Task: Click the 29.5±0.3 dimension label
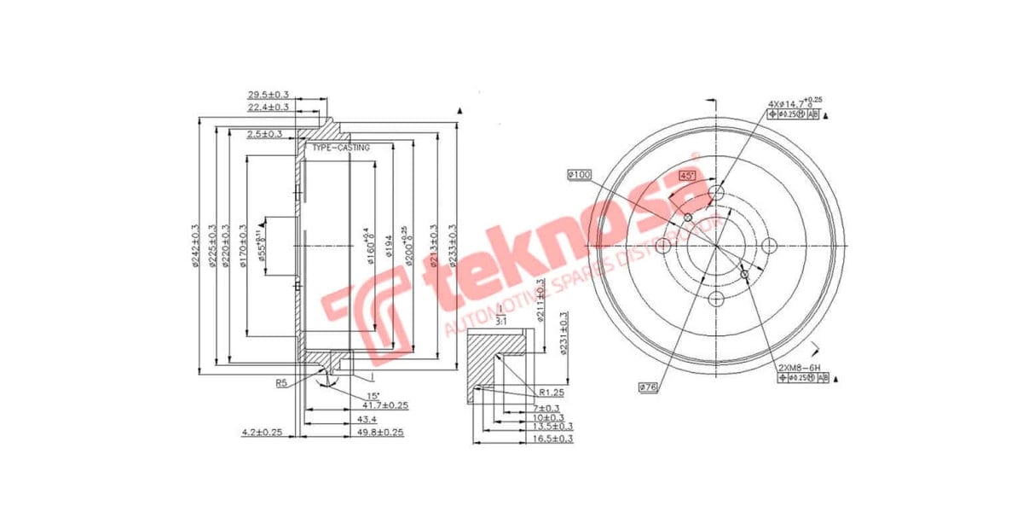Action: coord(268,95)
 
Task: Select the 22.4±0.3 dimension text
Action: coord(268,108)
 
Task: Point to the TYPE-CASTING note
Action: coord(341,148)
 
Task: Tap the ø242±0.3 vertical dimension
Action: coord(197,246)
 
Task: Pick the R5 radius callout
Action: coord(281,383)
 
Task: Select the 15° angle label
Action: coord(373,396)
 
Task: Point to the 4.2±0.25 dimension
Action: coord(262,433)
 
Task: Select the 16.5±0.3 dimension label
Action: coord(553,439)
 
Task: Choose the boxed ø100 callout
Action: coord(579,175)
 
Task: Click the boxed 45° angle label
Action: coord(687,175)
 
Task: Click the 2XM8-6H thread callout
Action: coord(799,367)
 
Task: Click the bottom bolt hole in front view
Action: coord(717,298)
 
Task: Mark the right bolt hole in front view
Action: coord(769,246)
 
